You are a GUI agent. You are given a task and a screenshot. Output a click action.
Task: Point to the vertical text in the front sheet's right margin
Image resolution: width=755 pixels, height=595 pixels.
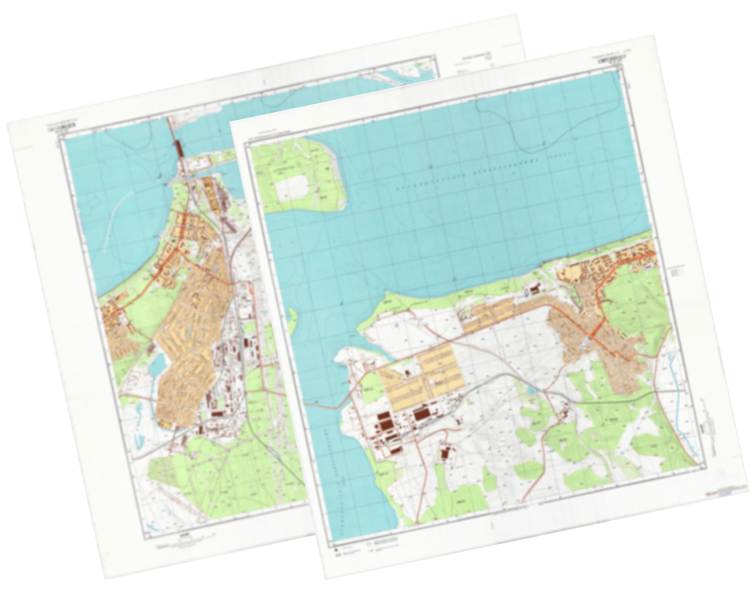(x=709, y=418)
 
